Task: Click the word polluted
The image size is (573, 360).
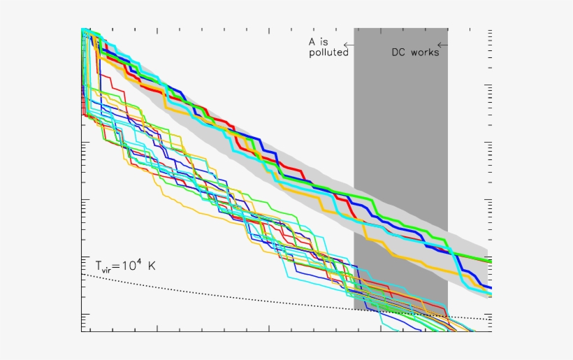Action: [x=328, y=52]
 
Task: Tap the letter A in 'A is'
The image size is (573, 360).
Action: [x=313, y=42]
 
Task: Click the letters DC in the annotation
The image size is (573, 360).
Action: [x=398, y=52]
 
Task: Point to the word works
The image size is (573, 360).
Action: [x=425, y=52]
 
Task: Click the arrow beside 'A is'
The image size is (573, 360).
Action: [x=348, y=45]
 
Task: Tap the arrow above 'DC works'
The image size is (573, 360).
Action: [x=442, y=45]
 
